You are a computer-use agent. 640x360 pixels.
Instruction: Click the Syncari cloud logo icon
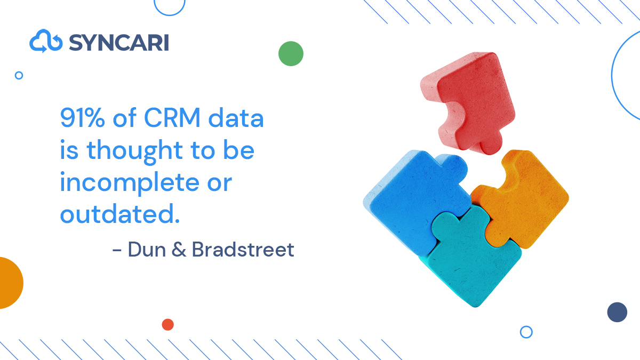click(46, 42)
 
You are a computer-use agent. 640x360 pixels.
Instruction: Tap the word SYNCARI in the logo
click(118, 42)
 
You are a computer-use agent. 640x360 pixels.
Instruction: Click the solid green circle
click(291, 53)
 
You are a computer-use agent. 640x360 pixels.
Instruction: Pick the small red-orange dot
click(167, 324)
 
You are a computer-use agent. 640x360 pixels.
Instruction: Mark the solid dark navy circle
click(617, 312)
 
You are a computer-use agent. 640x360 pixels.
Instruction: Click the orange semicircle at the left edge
click(10, 283)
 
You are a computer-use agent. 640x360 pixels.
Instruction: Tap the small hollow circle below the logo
click(19, 75)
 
